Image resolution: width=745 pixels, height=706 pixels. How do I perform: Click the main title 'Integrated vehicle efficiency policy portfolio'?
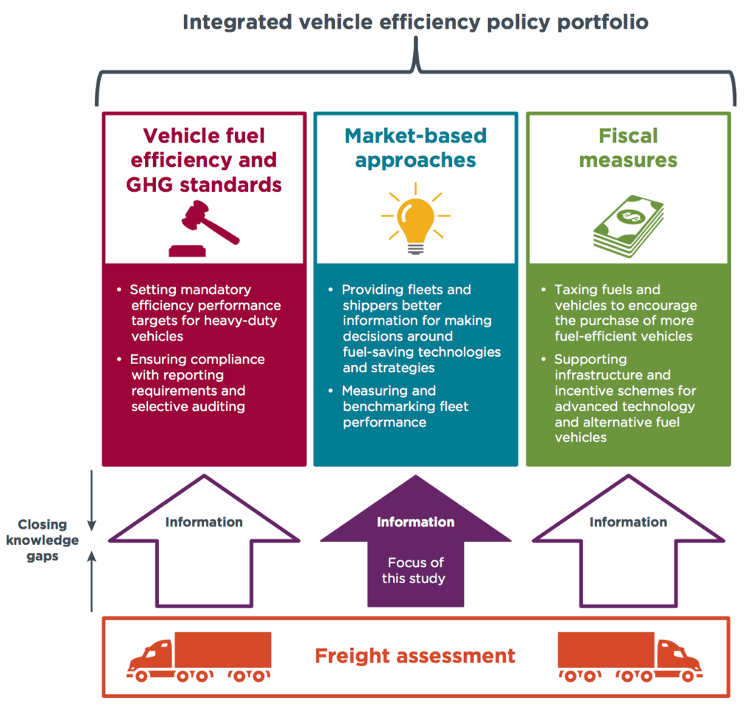[415, 22]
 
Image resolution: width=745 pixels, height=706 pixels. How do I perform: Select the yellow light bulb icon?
[415, 221]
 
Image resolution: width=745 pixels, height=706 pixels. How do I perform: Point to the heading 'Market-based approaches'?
[415, 148]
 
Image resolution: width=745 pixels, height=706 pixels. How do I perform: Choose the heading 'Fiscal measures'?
[628, 148]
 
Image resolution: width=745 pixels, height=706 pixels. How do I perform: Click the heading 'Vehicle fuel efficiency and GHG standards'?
[204, 160]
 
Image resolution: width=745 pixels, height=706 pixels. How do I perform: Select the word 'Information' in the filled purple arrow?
[415, 522]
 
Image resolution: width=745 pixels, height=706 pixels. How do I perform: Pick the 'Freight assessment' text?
[415, 656]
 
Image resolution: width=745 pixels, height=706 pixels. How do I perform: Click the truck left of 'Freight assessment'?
[200, 657]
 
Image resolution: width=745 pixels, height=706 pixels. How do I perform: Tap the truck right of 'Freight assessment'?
[629, 657]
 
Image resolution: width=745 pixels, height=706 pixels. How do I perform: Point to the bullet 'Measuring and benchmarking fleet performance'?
[405, 407]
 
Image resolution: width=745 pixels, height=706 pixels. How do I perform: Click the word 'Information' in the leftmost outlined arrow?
[204, 522]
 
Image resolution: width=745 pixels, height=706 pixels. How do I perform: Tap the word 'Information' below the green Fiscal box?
[628, 522]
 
